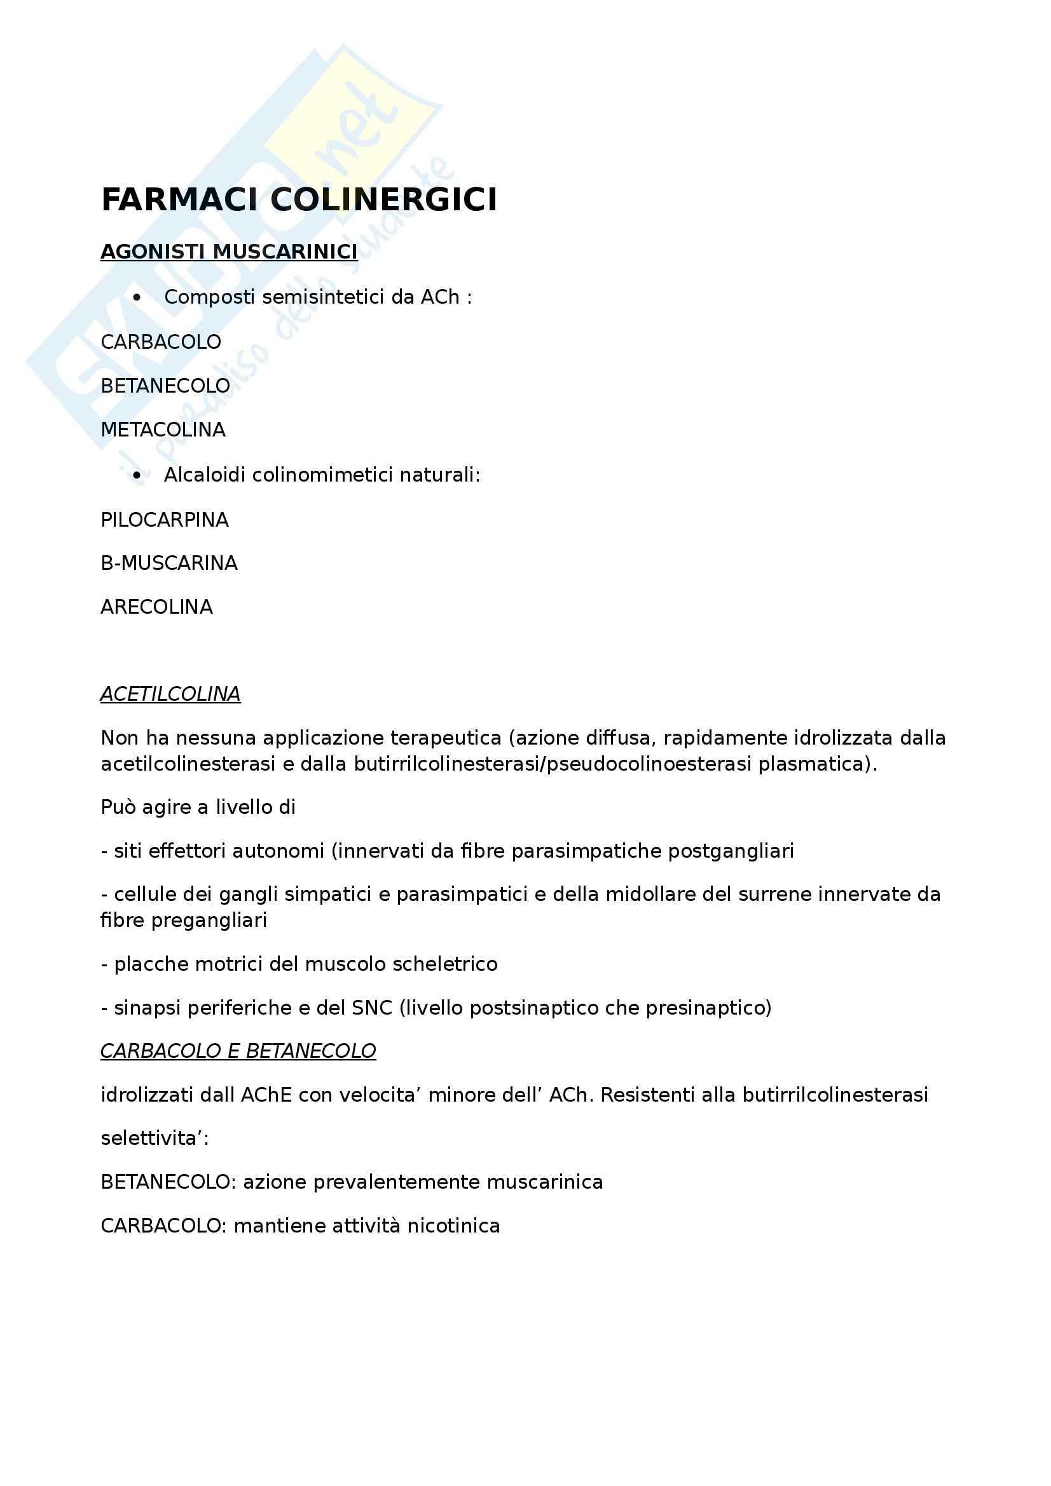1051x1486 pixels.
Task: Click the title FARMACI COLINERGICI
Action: [299, 199]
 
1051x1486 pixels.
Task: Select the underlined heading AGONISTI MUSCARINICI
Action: [229, 251]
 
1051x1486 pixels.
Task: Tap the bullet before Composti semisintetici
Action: [137, 298]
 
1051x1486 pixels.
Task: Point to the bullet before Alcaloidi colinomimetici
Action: [137, 476]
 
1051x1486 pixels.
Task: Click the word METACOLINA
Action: [163, 429]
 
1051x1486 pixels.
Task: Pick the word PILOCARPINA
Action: [165, 520]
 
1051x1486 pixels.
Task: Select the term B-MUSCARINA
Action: [169, 563]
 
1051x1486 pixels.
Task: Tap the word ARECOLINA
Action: [156, 607]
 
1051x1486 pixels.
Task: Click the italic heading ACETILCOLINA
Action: [170, 694]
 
